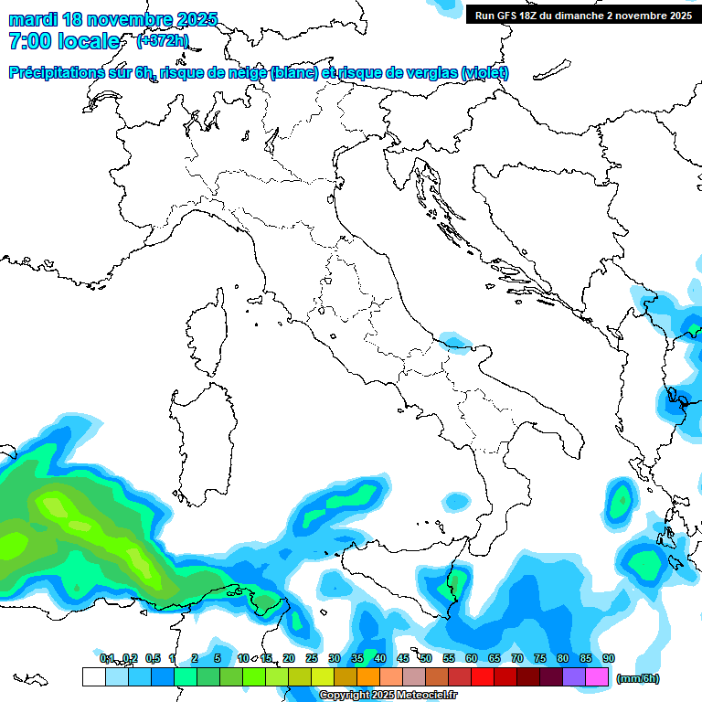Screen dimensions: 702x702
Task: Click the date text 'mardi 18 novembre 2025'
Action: pyautogui.click(x=113, y=19)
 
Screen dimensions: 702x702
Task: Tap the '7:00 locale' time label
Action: pyautogui.click(x=64, y=41)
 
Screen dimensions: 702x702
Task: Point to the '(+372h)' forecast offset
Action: pyautogui.click(x=162, y=41)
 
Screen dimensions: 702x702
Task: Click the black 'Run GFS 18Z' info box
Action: pyautogui.click(x=583, y=16)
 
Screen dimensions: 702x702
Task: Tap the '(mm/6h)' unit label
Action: pyautogui.click(x=638, y=678)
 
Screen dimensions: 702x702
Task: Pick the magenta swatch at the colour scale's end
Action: pyautogui.click(x=598, y=676)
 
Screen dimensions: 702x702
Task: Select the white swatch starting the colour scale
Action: pyautogui.click(x=93, y=676)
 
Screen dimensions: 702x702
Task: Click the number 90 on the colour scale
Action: pyautogui.click(x=609, y=658)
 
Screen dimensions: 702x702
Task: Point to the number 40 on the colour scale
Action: pyautogui.click(x=380, y=658)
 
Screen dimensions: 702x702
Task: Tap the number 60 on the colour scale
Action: pyautogui.click(x=472, y=658)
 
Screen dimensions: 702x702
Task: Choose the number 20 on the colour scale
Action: pyautogui.click(x=289, y=658)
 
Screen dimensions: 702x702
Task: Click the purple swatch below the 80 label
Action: pyautogui.click(x=574, y=676)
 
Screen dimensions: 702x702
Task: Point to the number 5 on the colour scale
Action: pyautogui.click(x=218, y=658)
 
